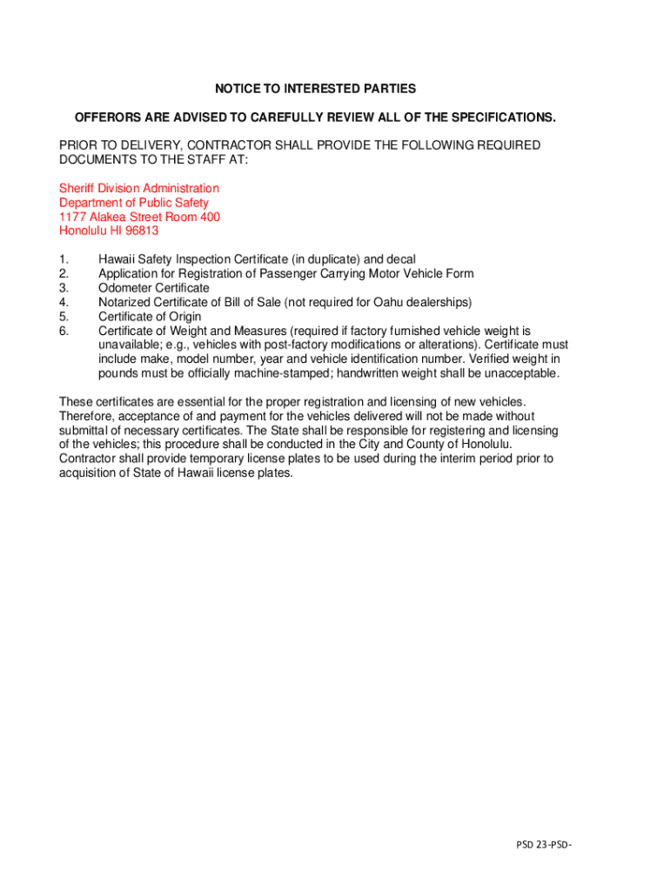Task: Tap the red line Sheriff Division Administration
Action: tap(139, 188)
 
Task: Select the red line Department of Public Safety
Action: tap(134, 203)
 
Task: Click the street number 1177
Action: tap(72, 217)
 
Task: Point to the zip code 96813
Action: tap(141, 231)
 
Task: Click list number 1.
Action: tap(63, 259)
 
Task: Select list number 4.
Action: tap(63, 302)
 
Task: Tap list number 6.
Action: tap(63, 331)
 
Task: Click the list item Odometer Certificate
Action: tap(154, 288)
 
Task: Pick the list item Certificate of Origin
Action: tap(150, 317)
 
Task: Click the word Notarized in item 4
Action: tap(124, 302)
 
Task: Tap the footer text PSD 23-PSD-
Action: tap(546, 844)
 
